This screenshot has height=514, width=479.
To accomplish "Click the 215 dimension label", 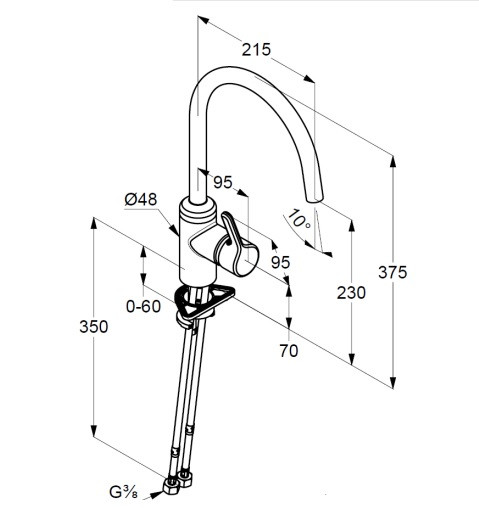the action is click(256, 50).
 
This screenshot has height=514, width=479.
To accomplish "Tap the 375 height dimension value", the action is click(393, 272).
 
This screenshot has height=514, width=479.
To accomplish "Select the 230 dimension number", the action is click(351, 293).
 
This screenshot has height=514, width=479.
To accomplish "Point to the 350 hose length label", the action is click(94, 327).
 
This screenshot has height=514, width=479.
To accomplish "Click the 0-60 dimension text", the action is click(143, 306).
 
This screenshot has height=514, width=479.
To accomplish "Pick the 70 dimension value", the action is click(289, 351).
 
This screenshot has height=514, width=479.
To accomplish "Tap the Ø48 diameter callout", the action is click(141, 200).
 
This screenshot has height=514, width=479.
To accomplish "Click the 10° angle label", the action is click(299, 220).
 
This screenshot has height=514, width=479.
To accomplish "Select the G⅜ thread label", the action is click(123, 492).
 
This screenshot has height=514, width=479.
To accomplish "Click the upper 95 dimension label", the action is click(223, 182).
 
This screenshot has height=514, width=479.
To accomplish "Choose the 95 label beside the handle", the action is click(280, 263).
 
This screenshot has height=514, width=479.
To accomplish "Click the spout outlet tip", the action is click(315, 199).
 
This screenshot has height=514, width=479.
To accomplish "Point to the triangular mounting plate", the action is click(204, 301).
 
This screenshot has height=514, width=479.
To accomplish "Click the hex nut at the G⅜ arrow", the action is click(171, 485).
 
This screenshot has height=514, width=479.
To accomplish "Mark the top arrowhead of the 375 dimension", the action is click(393, 162).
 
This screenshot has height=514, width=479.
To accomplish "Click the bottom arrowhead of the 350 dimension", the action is click(94, 431).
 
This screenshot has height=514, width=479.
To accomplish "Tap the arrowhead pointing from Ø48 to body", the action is click(174, 230).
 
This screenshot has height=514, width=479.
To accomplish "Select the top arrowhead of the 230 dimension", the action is click(351, 226).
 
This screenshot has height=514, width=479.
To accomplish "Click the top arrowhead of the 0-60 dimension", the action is click(143, 252).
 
